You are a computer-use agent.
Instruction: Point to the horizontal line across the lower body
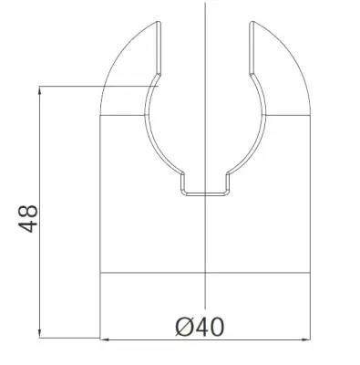205,273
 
